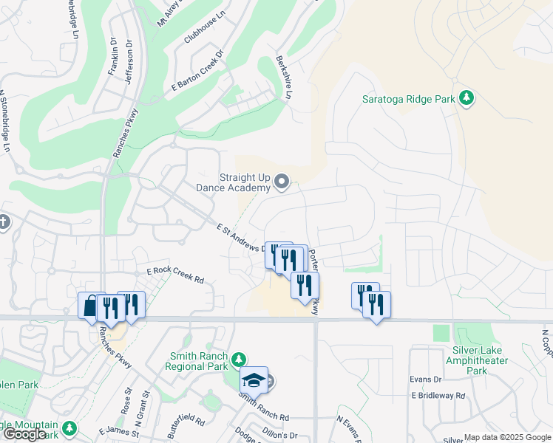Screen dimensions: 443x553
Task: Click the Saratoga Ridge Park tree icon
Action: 466,98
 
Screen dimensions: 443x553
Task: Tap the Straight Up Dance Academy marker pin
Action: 282,182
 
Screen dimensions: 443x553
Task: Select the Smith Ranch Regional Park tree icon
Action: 238,360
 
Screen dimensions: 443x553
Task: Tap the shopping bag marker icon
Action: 90,305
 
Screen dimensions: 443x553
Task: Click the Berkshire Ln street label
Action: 284,77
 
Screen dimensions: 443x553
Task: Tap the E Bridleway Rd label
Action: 438,396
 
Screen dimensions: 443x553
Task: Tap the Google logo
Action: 24,434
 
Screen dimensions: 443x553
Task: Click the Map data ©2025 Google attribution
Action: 506,437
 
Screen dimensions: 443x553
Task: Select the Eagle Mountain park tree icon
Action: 69,427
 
